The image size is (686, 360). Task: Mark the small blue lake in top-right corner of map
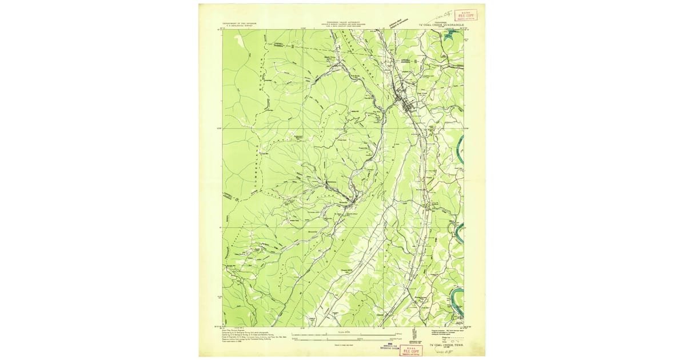click(x=450, y=35)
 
